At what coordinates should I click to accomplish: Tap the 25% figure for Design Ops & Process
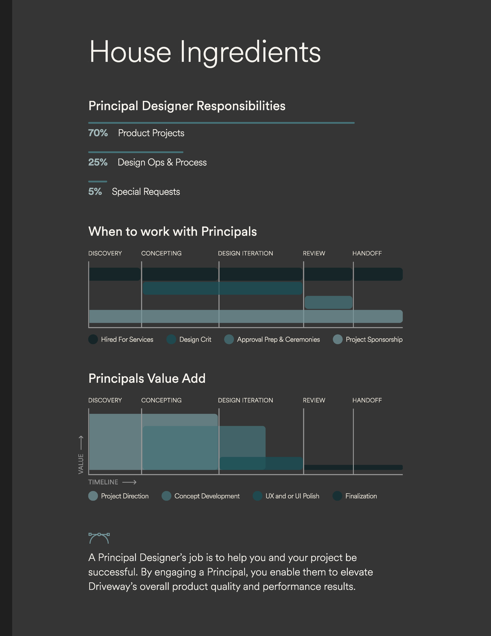pos(98,162)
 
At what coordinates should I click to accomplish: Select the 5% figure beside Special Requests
pos(95,192)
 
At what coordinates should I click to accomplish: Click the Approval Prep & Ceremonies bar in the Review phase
pos(328,302)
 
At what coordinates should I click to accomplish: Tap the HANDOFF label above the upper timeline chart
pos(367,253)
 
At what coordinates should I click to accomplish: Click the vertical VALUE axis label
pos(81,464)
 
